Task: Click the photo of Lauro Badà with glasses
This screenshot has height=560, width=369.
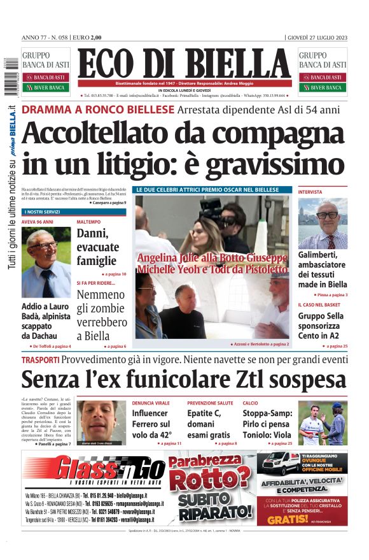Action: [46, 262]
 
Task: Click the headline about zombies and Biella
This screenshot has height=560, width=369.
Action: [101, 315]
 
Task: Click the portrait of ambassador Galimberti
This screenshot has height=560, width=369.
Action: [323, 223]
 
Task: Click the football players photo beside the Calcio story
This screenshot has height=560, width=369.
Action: [323, 422]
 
